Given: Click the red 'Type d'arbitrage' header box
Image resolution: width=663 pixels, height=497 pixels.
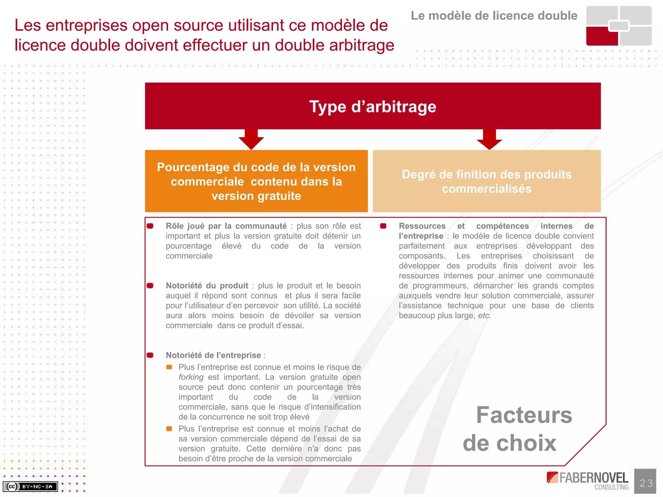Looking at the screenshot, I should pos(373,106).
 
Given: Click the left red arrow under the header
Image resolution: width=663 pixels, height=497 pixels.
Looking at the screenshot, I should pos(251,138).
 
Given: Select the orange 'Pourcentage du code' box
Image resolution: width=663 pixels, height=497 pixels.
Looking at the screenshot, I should pos(256,181).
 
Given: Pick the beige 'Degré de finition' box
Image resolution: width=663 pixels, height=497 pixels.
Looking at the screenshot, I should pos(487,181).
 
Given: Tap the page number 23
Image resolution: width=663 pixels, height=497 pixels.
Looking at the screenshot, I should pos(646,483).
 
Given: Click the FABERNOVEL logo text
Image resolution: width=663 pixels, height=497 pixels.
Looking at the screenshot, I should pos(593,478).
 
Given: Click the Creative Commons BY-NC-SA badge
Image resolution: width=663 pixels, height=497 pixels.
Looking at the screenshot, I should pos(30,486).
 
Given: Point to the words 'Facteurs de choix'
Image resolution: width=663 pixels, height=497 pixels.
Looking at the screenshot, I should pos(518,429).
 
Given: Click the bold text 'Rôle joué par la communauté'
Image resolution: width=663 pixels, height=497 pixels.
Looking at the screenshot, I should pos(226,226).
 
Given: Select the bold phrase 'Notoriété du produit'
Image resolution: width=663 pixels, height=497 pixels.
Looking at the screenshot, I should pos(207,286).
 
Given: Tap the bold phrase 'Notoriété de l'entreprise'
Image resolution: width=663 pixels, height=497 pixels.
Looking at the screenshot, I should pos(213,355).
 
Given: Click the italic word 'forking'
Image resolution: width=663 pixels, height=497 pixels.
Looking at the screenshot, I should pos(191,377).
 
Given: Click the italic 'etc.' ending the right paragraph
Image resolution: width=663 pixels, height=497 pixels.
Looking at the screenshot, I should pos(484,315).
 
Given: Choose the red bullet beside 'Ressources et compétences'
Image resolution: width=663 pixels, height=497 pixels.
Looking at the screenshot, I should pos(383,226).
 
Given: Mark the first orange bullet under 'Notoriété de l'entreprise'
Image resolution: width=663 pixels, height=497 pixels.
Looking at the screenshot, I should pos(169,367).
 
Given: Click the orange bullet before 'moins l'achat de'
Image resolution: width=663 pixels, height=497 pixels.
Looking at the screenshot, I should pos(169,429).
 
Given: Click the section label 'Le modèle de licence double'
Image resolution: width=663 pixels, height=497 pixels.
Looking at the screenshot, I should pos(494,16).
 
